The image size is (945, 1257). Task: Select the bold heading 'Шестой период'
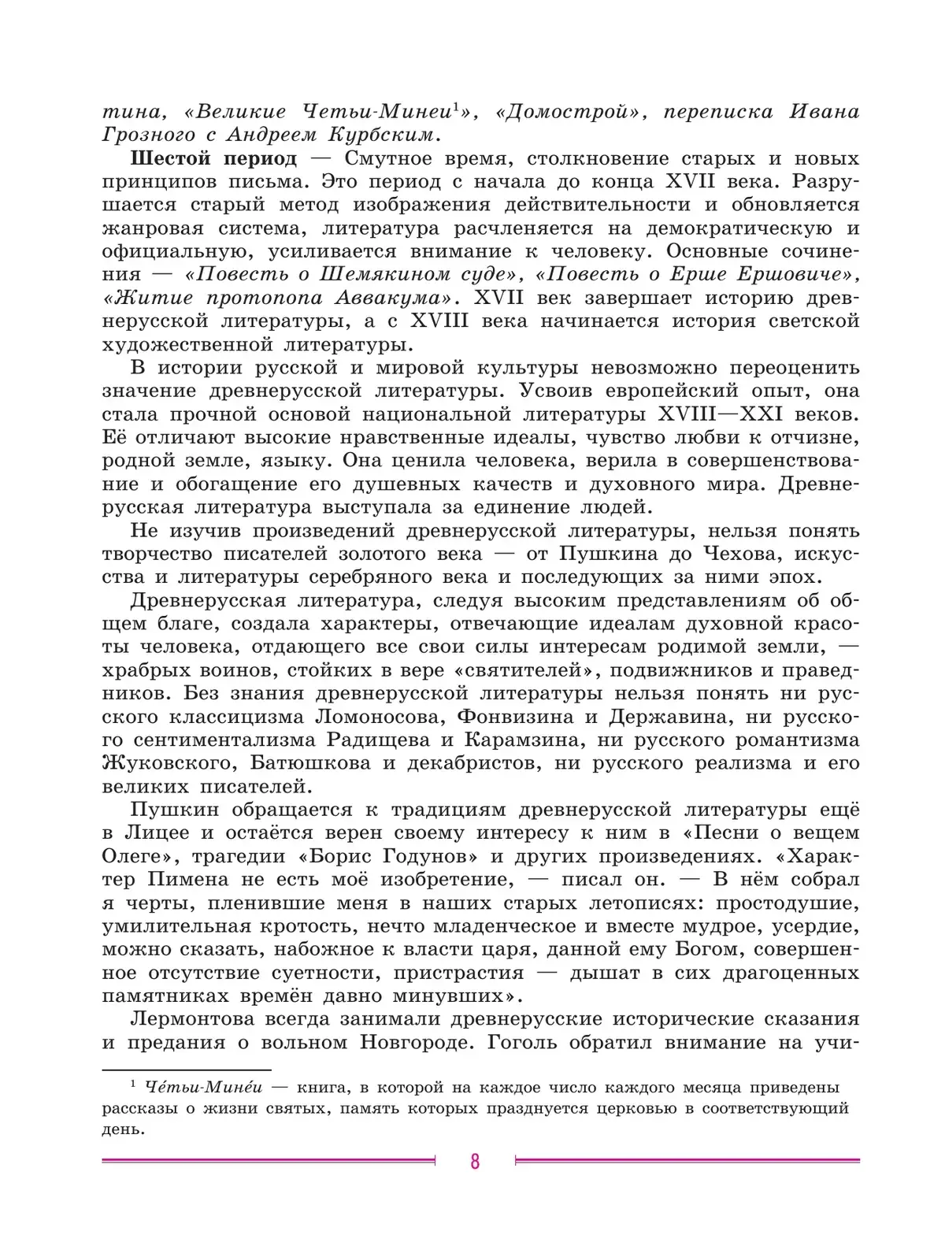click(x=213, y=158)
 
